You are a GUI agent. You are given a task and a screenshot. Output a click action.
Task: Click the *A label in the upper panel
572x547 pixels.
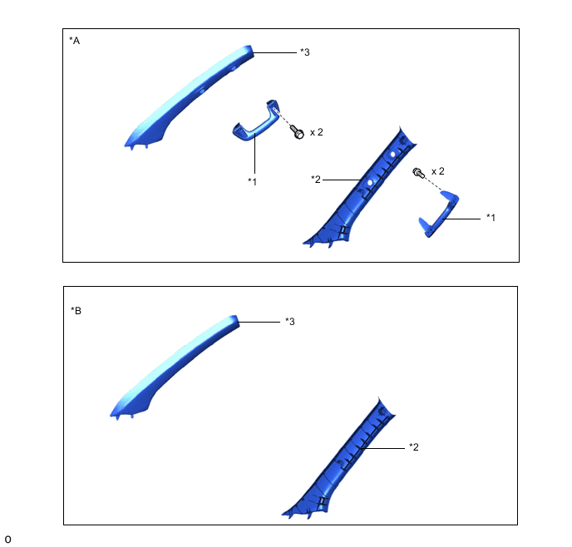(75, 41)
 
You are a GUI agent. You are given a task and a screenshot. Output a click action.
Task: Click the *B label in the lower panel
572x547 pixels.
(76, 311)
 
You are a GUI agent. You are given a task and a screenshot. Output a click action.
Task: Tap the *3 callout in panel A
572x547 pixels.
(305, 52)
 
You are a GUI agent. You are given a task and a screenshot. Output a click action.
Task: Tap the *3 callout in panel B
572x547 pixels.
(290, 322)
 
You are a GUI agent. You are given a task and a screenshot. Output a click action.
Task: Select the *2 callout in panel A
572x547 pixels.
(316, 180)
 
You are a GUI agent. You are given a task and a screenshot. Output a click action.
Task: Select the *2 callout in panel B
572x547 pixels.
(414, 447)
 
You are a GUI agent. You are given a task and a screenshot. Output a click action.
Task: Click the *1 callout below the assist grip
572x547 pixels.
(253, 181)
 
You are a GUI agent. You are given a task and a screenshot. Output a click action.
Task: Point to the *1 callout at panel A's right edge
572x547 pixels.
(491, 218)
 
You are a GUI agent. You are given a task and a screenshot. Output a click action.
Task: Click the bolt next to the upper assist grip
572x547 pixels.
(297, 131)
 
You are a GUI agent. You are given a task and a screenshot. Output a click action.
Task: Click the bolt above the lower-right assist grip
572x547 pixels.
(418, 172)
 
